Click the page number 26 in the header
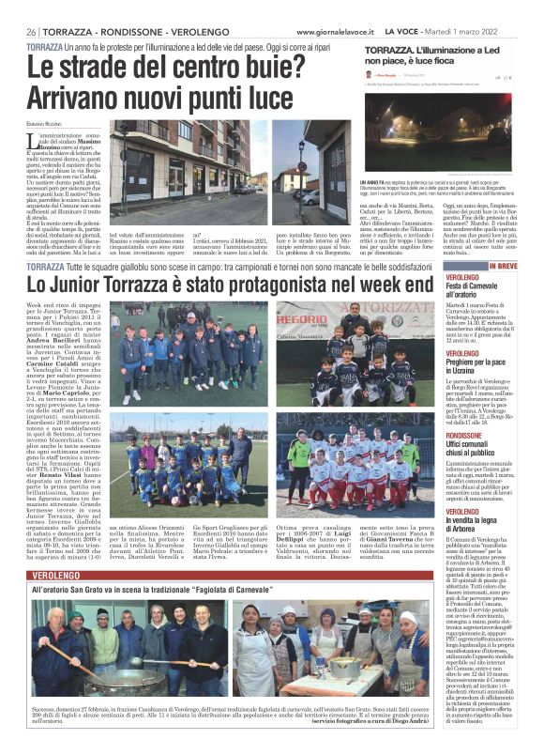pos(32,31)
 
